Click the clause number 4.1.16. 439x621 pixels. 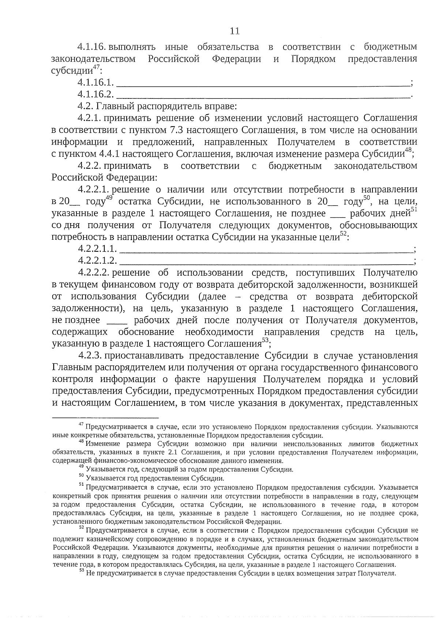[x=91, y=47]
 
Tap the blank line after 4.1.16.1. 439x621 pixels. [x=263, y=84]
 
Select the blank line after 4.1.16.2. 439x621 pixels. [x=263, y=96]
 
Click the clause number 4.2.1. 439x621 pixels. [x=89, y=118]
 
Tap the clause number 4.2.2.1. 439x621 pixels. [x=94, y=190]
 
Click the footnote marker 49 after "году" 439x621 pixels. [x=109, y=198]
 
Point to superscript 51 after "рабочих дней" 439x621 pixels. [x=414, y=210]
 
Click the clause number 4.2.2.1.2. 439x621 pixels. [x=97, y=261]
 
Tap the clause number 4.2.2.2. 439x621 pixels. [x=94, y=273]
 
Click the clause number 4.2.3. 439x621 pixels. [x=89, y=356]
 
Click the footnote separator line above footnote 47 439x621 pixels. [x=105, y=418]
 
